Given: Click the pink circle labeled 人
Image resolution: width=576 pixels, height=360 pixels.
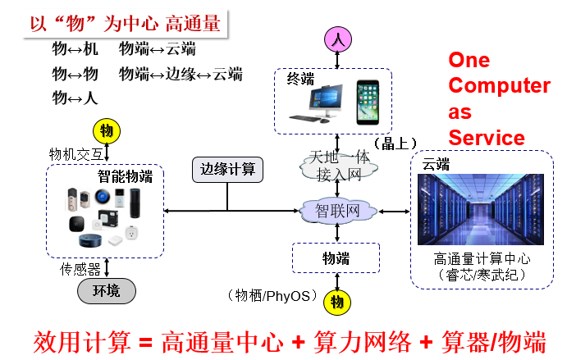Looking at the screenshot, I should tap(338, 38).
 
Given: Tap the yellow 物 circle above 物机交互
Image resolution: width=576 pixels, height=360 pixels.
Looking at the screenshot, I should tap(106, 131).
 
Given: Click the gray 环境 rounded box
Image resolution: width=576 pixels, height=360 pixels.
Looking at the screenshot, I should tap(106, 290).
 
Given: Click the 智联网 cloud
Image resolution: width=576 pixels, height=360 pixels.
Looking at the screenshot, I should tap(338, 212).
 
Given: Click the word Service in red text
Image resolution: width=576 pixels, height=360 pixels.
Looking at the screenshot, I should tap(487, 137).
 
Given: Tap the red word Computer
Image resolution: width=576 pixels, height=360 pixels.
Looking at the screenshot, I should tap(499, 85).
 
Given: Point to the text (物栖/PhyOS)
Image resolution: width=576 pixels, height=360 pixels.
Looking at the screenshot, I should tap(272, 295).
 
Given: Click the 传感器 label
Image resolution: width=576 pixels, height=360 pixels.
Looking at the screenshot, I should tap(80, 268).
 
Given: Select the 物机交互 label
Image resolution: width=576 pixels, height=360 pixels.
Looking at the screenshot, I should tap(75, 153).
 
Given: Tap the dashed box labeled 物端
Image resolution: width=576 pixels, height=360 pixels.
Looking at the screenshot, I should tap(336, 258).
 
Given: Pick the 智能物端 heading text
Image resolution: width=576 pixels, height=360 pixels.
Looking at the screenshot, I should tap(125, 175).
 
